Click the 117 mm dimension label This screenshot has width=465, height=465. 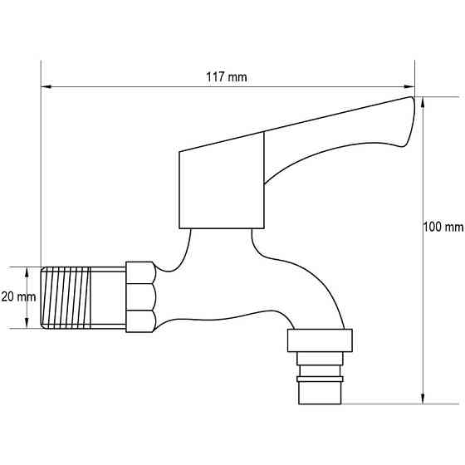(227, 77)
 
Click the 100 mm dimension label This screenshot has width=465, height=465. (443, 227)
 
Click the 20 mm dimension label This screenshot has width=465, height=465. (16, 296)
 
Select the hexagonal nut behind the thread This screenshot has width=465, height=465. (139, 296)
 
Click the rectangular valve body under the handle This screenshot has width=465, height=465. (222, 189)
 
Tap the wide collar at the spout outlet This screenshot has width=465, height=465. (321, 340)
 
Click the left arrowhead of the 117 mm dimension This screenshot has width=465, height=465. (46, 86)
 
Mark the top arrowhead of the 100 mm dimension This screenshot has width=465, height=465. (424, 102)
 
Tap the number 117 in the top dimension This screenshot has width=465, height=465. (215, 77)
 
